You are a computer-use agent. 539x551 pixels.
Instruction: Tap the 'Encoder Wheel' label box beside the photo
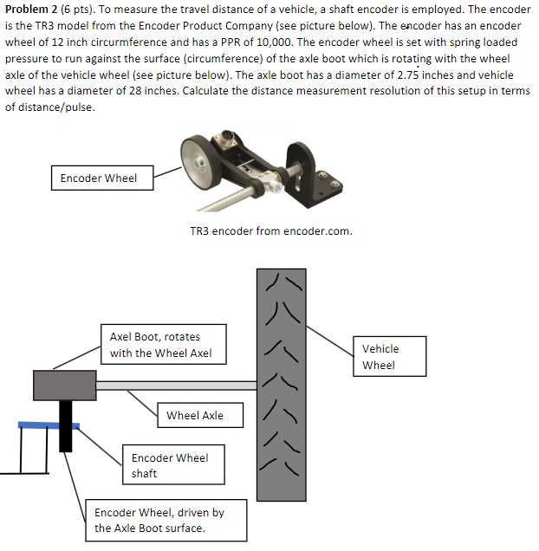(98, 178)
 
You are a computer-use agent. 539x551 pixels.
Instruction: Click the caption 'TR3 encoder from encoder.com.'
(270, 231)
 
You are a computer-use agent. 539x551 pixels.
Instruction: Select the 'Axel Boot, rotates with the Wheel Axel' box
(160, 344)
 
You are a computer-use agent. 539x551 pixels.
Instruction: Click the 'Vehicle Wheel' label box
(380, 357)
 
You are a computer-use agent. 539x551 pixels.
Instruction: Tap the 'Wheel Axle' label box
(195, 415)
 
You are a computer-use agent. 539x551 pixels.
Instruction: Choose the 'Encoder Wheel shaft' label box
(169, 465)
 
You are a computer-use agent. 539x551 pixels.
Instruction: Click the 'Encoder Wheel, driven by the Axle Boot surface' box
(159, 521)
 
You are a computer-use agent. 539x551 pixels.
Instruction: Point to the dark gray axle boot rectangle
(64, 385)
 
